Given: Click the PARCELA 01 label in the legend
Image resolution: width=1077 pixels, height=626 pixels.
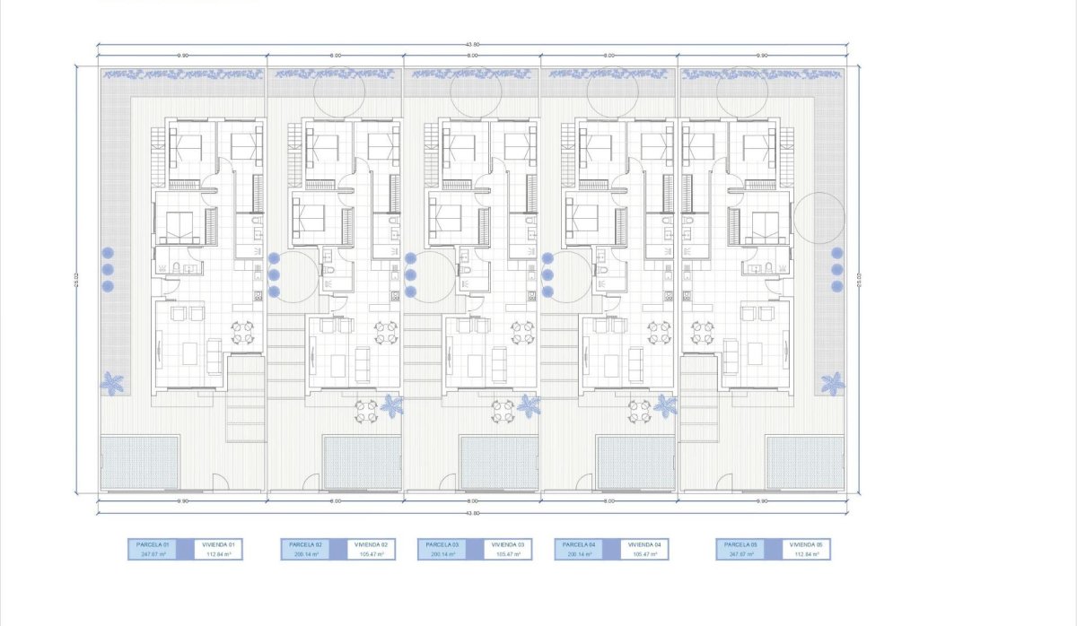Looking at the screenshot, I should [x=153, y=544].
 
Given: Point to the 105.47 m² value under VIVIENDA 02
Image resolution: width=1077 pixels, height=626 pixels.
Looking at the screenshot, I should [x=371, y=554].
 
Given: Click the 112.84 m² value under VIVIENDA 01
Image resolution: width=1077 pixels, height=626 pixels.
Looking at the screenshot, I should [x=219, y=554].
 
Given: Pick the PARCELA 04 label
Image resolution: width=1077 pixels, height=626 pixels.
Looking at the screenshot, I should [x=577, y=544].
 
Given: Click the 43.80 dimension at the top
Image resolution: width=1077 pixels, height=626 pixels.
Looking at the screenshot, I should [x=473, y=45].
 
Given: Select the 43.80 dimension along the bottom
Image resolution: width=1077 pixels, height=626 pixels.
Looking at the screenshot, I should [x=473, y=513].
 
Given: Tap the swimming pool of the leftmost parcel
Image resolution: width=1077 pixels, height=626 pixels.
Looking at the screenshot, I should [x=140, y=463].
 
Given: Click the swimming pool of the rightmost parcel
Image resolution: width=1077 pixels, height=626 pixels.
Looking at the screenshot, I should [x=805, y=463].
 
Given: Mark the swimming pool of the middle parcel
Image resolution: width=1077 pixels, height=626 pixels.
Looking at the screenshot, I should [x=499, y=463].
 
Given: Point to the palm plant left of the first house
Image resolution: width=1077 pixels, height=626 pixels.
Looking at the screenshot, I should [x=112, y=384].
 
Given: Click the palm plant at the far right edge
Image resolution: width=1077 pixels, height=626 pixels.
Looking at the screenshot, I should [x=833, y=384].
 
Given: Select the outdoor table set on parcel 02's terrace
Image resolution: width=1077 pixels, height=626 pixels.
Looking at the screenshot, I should [x=365, y=411].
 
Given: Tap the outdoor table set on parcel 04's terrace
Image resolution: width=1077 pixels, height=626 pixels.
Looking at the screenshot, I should [x=640, y=411].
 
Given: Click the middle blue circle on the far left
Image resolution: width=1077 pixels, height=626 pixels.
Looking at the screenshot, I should [x=108, y=269].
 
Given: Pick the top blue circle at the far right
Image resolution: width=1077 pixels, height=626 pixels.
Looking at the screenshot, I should [x=837, y=253].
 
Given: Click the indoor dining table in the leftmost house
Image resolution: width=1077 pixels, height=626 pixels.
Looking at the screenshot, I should [x=242, y=333].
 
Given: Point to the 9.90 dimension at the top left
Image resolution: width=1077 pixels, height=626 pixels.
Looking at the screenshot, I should [x=182, y=56].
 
